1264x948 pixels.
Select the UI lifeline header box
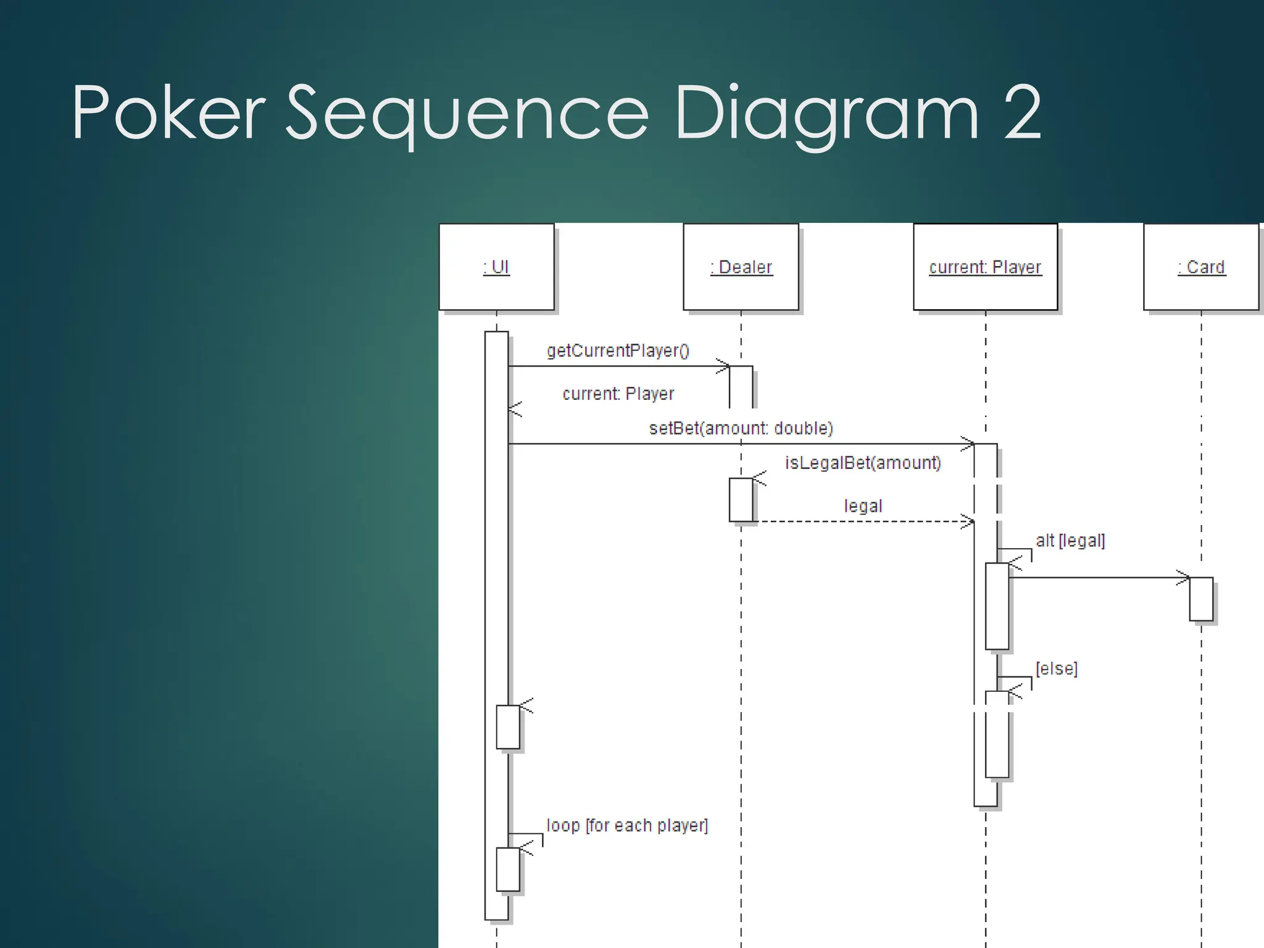496,267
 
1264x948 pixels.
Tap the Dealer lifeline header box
741,267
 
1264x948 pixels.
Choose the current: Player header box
985,267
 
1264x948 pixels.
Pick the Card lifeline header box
1200,267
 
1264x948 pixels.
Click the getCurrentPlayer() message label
618,351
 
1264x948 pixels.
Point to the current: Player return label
618,394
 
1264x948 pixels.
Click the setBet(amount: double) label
741,428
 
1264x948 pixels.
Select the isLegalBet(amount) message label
863,463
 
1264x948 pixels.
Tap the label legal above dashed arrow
863,506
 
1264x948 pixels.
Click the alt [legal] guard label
1070,541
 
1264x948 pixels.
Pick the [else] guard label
1057,668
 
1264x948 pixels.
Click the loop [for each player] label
627,825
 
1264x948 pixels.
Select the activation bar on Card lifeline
1201,599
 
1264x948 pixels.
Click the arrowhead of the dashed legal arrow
969,522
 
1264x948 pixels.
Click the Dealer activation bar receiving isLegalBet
741,499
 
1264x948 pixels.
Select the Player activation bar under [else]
997,734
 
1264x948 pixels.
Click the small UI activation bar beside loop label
508,869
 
